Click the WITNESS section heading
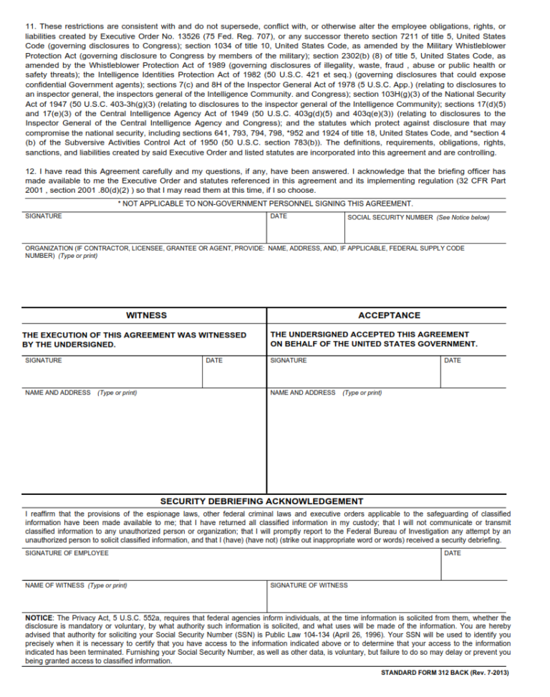coord(146,315)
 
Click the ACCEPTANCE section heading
coord(389,315)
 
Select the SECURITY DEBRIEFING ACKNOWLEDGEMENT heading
coord(261,501)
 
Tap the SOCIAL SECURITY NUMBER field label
coord(390,217)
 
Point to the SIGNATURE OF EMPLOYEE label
coord(67,553)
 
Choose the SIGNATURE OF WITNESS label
coord(309,585)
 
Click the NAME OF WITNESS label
coord(54,585)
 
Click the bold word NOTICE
coord(39,617)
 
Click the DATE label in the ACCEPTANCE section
coord(453,360)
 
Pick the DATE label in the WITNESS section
coord(214,360)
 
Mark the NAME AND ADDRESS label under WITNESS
coord(57,393)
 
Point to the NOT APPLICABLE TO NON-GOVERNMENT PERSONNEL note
coord(265,204)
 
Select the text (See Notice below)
coord(463,217)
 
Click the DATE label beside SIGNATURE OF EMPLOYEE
coord(453,553)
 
